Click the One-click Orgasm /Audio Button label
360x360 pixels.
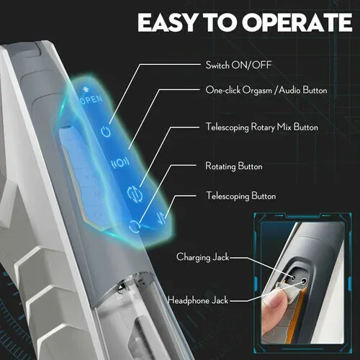coord(257,90)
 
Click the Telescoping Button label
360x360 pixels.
coord(240,195)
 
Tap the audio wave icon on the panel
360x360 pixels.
coord(120,163)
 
